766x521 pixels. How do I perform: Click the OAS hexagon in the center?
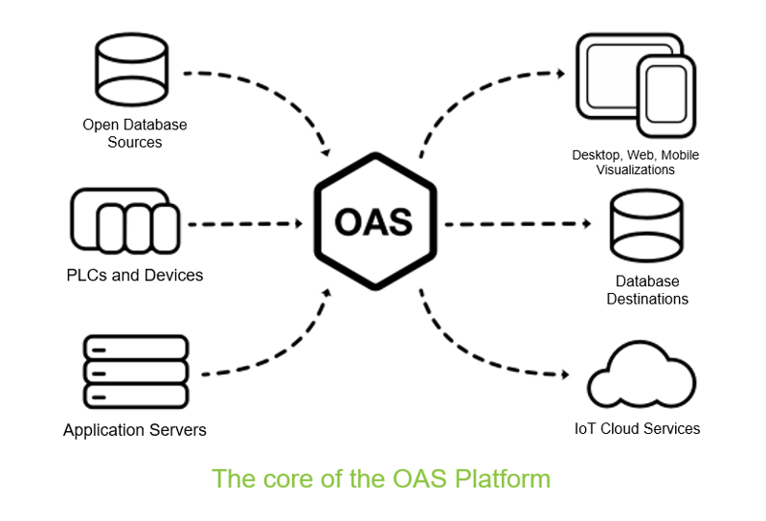tap(373, 222)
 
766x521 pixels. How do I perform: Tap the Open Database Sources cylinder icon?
tap(132, 72)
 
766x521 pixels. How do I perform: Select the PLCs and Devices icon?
tap(124, 222)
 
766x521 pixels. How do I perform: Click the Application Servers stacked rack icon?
tap(135, 371)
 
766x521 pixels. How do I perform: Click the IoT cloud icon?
tap(642, 378)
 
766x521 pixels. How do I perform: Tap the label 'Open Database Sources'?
tap(135, 133)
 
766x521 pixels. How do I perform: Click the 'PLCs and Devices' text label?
tap(135, 276)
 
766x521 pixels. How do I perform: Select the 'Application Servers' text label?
tap(135, 430)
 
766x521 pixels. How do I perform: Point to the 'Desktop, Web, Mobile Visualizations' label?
tap(636, 162)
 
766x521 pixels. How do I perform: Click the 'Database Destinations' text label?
tap(648, 290)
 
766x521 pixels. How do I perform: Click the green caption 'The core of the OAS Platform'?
tap(381, 478)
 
